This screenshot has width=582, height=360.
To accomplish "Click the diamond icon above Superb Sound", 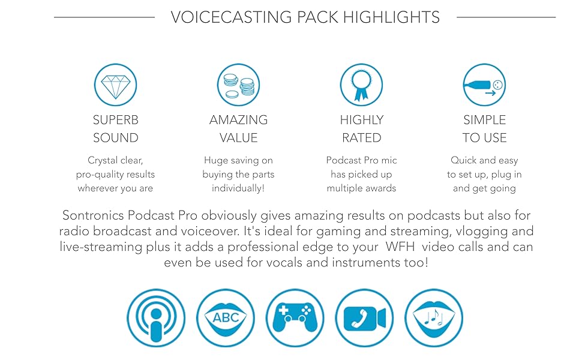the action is coord(115,85).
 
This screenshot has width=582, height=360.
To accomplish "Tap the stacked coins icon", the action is coord(238,85).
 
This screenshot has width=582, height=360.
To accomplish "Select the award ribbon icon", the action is coord(361,85).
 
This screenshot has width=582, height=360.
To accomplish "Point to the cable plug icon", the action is coord(484,85).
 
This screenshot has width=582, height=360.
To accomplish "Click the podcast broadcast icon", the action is coord(156,317).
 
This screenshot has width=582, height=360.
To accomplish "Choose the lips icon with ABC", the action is coord(226,317).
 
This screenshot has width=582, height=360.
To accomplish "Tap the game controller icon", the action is coord(295,317).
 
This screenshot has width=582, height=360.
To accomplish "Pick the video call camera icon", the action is coord(364,317).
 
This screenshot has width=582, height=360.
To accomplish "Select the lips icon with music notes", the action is coord(434,317).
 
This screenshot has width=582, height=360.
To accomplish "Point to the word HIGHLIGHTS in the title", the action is coord(391,17).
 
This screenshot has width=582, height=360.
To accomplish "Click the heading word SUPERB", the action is coord(115,120).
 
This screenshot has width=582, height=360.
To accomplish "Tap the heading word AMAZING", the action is coord(238,120).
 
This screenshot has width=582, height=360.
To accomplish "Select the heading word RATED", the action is coord(362,137).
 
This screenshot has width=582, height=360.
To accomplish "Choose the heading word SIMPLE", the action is coord(484,120).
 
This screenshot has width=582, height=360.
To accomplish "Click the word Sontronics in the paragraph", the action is coord(93,215).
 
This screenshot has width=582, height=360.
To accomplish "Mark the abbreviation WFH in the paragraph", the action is coord(400,247).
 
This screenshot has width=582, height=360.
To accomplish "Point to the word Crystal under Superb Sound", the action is coord(100,161).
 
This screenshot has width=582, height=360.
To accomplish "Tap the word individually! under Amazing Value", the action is coord(238,188).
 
